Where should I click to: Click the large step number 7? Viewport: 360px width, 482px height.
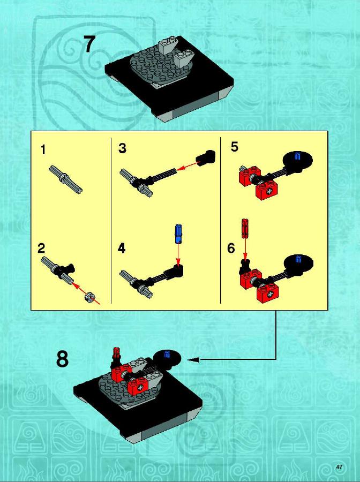pos(89,44)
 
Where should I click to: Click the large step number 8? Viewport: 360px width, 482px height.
pos(62,359)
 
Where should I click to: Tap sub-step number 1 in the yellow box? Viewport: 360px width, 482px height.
pos(43,150)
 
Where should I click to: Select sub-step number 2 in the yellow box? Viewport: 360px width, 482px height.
pos(41,248)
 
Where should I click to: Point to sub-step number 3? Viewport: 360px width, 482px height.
pos(122,148)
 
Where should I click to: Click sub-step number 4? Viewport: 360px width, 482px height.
pos(122,248)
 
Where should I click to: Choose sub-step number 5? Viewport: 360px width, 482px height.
pos(235,147)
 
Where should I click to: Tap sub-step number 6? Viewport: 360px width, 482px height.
pos(231,248)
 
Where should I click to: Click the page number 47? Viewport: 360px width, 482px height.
pos(339,467)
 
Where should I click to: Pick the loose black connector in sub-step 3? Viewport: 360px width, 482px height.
pos(206,157)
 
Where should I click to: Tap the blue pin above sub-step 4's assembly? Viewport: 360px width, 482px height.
pos(178,234)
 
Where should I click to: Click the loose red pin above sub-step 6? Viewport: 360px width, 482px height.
pos(245,229)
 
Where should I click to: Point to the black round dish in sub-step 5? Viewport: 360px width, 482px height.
pos(298,161)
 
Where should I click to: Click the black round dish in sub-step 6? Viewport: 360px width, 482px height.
pos(298,263)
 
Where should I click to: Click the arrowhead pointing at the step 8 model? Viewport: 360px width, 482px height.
pos(193,359)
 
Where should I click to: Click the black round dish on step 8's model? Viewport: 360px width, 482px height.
pos(167,358)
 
